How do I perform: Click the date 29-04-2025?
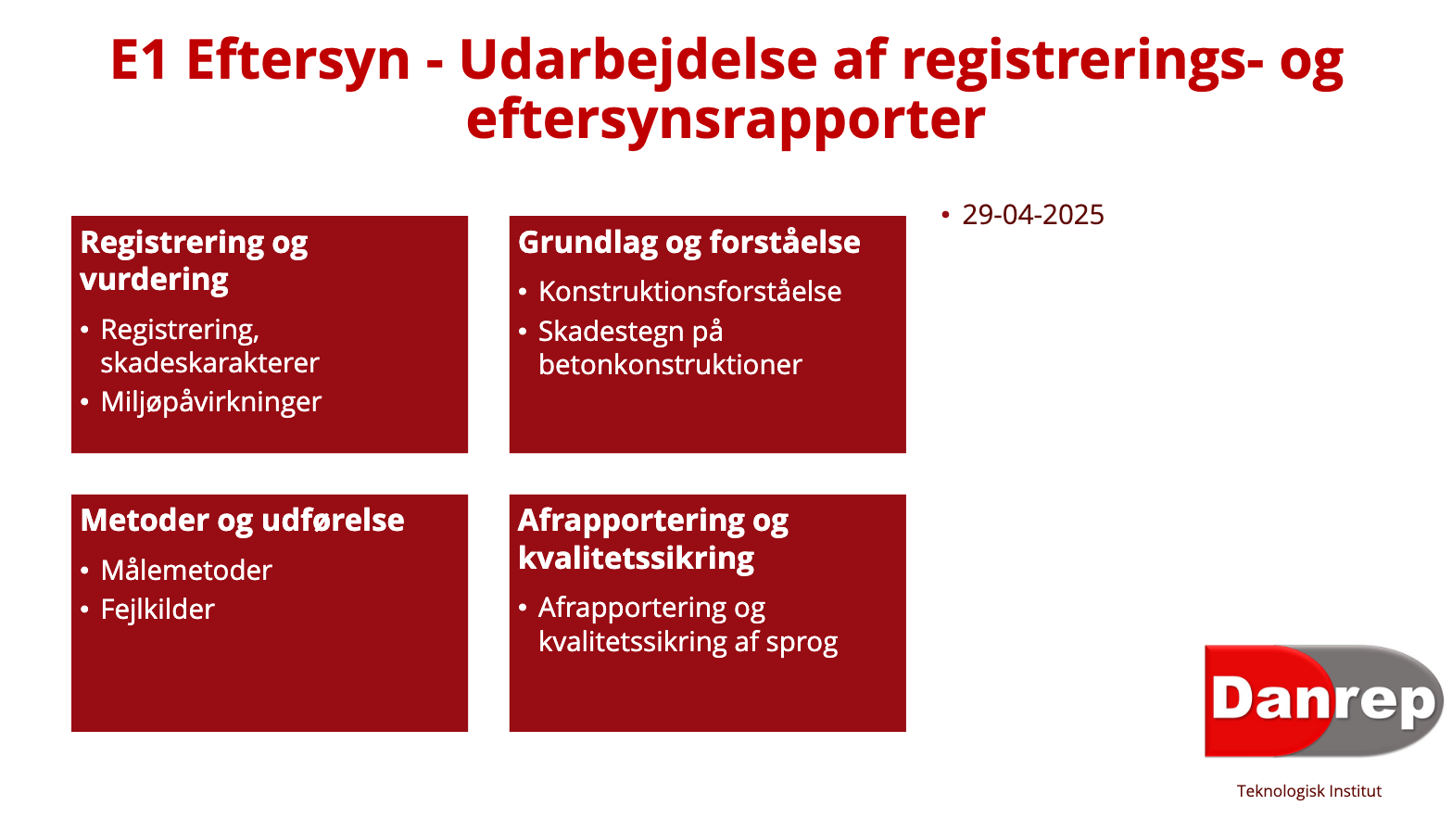point(1032,215)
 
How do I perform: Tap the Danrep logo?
point(1323,700)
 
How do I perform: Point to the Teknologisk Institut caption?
point(1308,791)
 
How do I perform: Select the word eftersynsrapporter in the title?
point(726,120)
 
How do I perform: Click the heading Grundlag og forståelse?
point(689,243)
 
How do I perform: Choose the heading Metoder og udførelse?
point(243,522)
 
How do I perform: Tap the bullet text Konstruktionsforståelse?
point(689,292)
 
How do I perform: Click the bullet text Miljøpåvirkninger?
point(210,403)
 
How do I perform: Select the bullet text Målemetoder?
point(186,571)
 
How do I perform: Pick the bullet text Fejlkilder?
point(158,610)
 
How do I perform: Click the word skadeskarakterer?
point(210,363)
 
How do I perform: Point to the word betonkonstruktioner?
point(670,365)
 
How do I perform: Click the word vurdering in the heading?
point(154,281)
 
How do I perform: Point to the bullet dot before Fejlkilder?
point(84,610)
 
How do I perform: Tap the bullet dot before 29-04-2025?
point(945,215)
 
